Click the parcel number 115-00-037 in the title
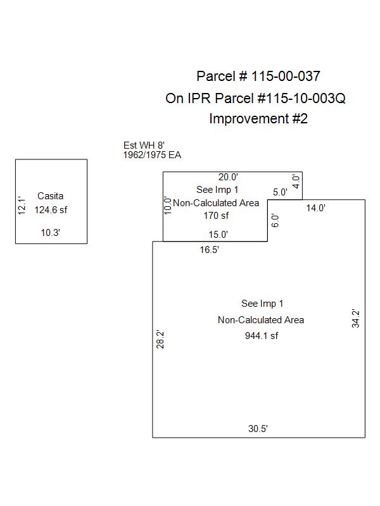pos(286,77)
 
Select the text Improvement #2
pos(258,118)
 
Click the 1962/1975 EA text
pos(152,155)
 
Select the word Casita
pos(51,196)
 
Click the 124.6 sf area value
pos(51,210)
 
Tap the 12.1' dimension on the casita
pos(21,204)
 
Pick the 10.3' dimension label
pos(51,233)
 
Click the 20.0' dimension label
pos(228,178)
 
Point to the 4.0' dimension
pos(296,183)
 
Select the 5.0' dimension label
pos(280,192)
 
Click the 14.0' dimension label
pos(316,207)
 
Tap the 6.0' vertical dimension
pos(274,221)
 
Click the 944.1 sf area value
pos(261,336)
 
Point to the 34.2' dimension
pos(356,318)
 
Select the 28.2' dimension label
pos(160,340)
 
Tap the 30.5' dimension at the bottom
pos(258,428)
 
